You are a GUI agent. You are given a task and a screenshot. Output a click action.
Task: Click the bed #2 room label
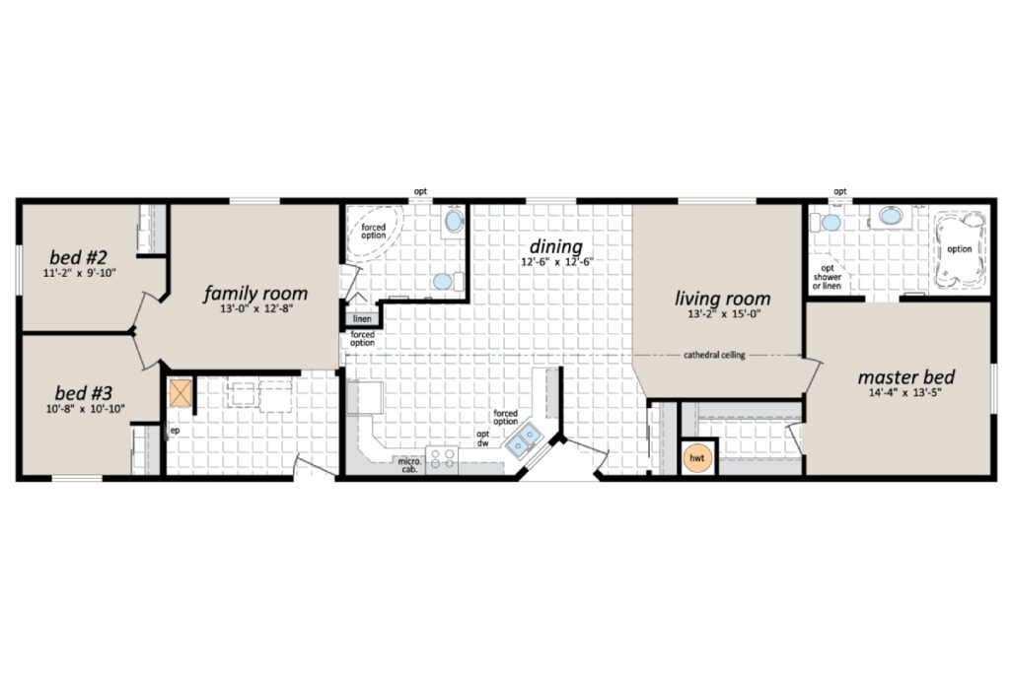coord(78,257)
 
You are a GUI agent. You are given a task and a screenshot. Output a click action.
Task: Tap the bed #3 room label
coord(83,392)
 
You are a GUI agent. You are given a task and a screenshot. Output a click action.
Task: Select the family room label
coord(255,294)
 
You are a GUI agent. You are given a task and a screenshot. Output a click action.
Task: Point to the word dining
coord(556,246)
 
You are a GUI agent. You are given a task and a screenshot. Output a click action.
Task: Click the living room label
coord(723,298)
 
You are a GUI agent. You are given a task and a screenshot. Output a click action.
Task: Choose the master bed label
coord(905,376)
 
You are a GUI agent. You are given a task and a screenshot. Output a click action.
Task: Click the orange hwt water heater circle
coord(697,458)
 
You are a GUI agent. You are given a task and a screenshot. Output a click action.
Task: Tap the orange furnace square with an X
coord(180,393)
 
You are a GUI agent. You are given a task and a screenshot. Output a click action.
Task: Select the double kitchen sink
coord(523,440)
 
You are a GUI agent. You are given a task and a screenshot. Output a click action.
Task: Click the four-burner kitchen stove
coord(443,458)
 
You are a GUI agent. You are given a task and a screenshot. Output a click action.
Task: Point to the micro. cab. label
coord(409,465)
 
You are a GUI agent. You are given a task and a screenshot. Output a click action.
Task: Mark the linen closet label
coord(362,319)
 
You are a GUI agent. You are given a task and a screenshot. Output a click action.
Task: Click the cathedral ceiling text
coord(714,355)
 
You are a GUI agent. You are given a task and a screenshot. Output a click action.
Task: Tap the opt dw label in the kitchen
coord(482,438)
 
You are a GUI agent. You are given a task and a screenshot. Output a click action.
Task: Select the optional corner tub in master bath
coord(960,249)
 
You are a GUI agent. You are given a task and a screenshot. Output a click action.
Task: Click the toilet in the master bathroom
coord(828,223)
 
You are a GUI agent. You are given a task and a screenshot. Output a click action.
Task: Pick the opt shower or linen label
coord(828,277)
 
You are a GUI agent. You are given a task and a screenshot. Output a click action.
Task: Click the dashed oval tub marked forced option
coord(374,233)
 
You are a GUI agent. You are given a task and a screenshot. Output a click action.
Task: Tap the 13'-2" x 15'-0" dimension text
coord(724,314)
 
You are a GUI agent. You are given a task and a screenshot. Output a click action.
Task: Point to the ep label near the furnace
coord(175,431)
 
